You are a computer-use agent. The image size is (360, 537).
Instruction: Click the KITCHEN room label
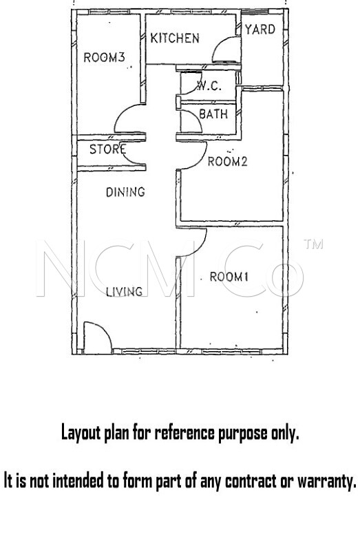pyautogui.click(x=175, y=38)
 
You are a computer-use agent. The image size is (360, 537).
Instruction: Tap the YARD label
pyautogui.click(x=260, y=30)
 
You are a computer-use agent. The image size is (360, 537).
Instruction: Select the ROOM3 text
pyautogui.click(x=104, y=57)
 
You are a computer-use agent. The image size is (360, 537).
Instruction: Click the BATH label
pyautogui.click(x=213, y=114)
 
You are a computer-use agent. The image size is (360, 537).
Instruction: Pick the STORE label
pyautogui.click(x=107, y=149)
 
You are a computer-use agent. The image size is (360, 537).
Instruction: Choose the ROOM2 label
pyautogui.click(x=227, y=161)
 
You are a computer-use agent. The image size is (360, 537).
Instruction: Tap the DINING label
pyautogui.click(x=125, y=192)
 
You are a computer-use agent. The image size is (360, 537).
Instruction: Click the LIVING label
pyautogui.click(x=124, y=292)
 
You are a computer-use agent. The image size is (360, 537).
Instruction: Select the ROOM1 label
pyautogui.click(x=229, y=277)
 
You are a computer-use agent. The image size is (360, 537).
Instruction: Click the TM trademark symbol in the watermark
pyautogui.click(x=313, y=244)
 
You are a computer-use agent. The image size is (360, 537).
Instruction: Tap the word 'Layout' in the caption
pyautogui.click(x=81, y=433)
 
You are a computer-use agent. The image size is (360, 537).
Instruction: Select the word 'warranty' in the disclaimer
pyautogui.click(x=326, y=481)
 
